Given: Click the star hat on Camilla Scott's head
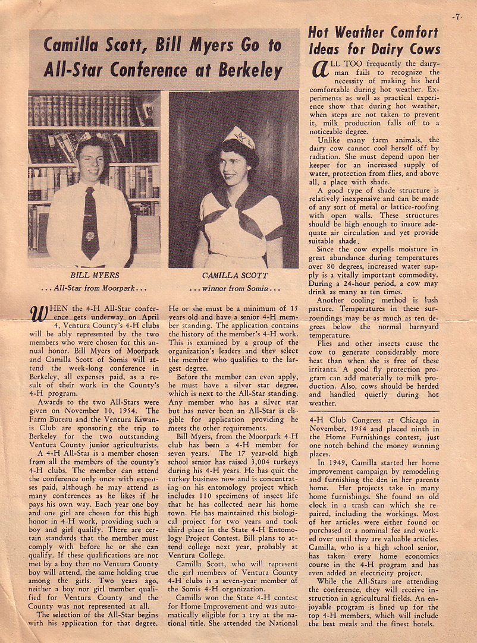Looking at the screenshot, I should pyautogui.click(x=239, y=137).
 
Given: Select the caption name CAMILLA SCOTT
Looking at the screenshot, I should pyautogui.click(x=236, y=276).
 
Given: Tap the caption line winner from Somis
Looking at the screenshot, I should pyautogui.click(x=236, y=289).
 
